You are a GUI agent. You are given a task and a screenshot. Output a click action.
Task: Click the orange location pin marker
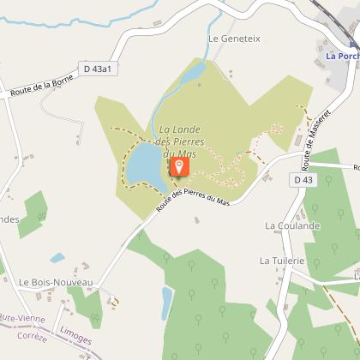179,165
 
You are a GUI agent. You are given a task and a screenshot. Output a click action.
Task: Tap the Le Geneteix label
233,39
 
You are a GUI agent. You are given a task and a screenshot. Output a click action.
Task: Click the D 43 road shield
303,180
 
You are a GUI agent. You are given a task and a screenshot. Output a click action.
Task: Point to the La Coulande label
292,226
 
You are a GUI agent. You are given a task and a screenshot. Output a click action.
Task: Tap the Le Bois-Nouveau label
55,282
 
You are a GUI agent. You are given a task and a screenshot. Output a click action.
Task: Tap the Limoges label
77,337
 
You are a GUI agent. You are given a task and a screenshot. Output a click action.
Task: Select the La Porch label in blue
341,57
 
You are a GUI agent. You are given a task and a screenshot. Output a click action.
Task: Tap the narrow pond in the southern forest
167,303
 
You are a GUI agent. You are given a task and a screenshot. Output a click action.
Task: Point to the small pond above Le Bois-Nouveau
57,257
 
